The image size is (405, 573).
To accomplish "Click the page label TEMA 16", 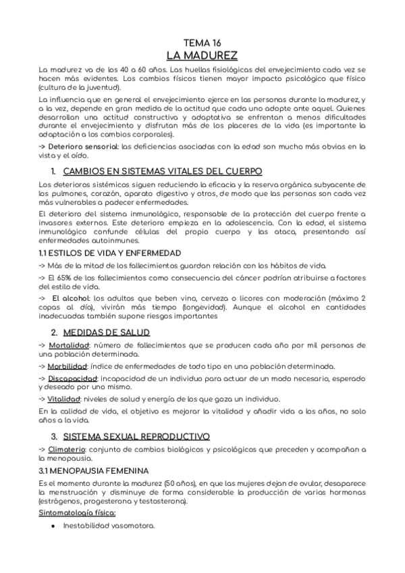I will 202,43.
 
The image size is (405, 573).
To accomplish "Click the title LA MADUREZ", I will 202,55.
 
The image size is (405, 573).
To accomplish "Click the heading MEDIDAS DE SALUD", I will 106,332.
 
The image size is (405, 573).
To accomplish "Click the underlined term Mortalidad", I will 71,346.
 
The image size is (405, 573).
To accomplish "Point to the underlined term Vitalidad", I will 68,399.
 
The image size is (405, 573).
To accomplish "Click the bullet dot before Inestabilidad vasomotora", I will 53,526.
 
